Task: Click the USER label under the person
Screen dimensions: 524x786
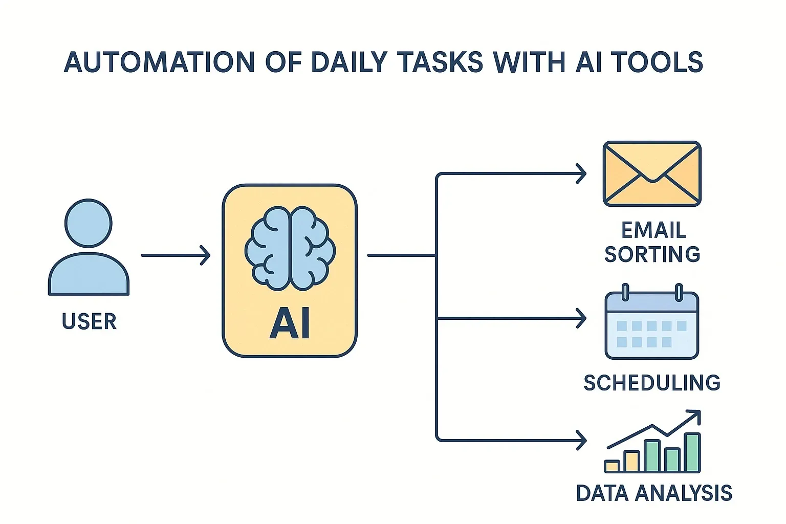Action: (x=89, y=321)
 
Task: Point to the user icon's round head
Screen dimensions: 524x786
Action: (x=89, y=223)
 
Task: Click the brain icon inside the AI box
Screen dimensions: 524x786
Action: (x=290, y=248)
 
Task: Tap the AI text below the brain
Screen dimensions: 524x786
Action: (x=290, y=324)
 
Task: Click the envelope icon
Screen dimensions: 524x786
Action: (x=652, y=174)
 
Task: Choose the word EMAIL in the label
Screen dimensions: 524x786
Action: (x=653, y=230)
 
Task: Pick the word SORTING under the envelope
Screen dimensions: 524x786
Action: (x=652, y=254)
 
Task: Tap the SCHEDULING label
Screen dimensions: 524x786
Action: (x=652, y=383)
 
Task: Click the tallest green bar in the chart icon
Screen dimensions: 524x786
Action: (x=692, y=452)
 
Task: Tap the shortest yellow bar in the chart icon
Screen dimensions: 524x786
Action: (x=612, y=466)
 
